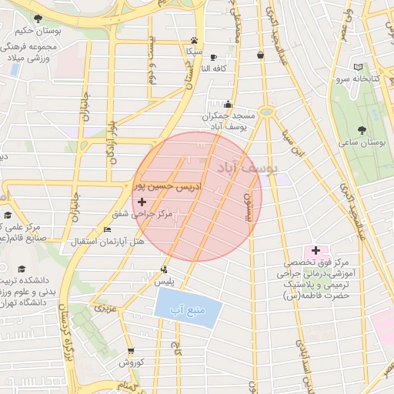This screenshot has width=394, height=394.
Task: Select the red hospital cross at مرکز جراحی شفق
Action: pos(142,202)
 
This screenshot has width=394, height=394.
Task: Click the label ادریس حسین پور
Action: pos(168,187)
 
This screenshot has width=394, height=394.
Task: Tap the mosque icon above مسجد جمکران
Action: pos(227,104)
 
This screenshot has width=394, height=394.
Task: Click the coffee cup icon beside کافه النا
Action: pos(213,57)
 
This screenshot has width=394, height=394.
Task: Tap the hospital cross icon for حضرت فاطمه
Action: pos(316,251)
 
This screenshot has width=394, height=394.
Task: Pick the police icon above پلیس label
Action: pos(164,269)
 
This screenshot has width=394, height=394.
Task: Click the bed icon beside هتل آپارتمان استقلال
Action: pos(106,229)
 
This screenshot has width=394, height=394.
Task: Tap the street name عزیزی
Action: pos(104,309)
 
